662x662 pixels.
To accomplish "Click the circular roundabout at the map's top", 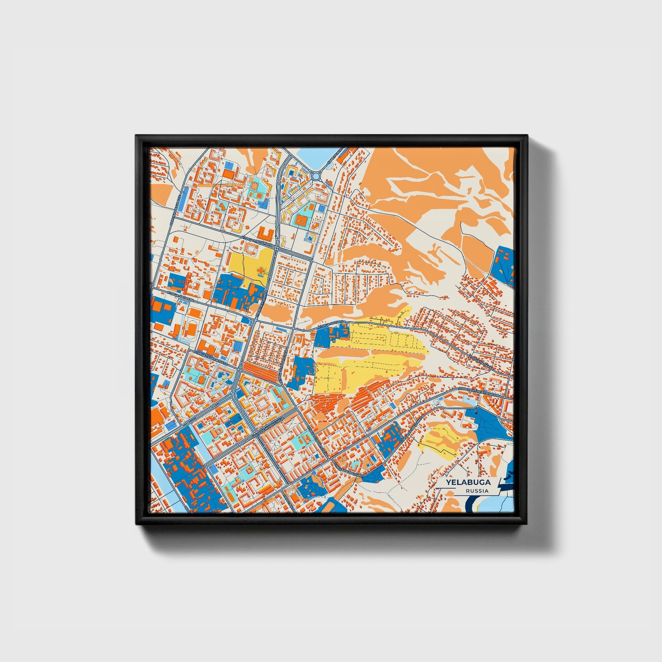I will coord(316,176).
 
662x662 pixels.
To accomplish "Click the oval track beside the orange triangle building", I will coord(190,329).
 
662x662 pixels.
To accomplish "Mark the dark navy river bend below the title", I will coord(472,506).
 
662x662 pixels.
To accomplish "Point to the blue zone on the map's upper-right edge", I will coord(503,266).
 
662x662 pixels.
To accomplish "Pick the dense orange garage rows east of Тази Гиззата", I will coord(261,372).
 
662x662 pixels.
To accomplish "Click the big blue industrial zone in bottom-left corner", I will coord(188,472).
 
